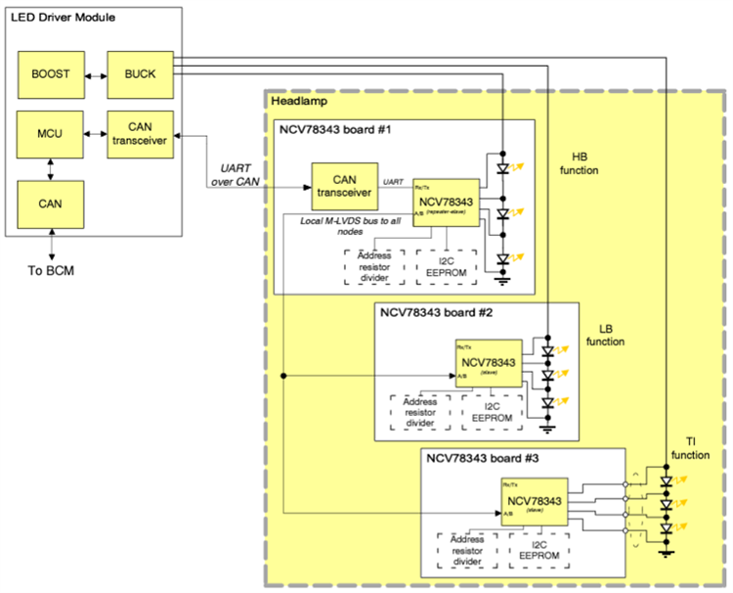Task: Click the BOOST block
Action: point(50,73)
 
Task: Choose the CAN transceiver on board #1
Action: point(344,185)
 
